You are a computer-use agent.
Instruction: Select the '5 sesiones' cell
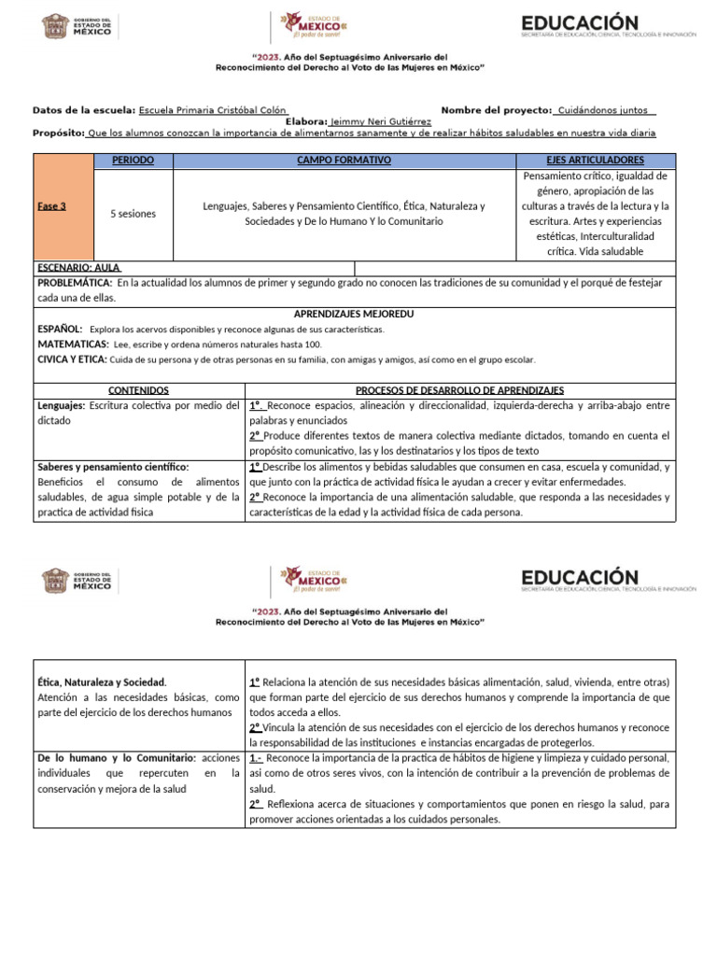coord(133,214)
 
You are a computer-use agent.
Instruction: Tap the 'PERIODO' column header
coord(133,161)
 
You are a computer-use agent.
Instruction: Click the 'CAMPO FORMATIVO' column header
coord(344,161)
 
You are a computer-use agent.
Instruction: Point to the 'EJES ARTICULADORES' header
coord(595,161)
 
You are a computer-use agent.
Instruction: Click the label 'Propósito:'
coord(59,134)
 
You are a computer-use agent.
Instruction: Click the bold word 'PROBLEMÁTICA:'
coord(75,283)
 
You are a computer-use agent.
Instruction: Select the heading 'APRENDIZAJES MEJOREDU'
coord(354,314)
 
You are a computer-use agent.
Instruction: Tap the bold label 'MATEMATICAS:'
coord(73,344)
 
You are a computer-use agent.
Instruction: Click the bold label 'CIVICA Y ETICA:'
coord(72,359)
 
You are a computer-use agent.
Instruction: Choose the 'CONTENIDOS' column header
coord(138,390)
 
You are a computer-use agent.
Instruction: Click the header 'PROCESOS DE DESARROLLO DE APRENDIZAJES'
coord(459,390)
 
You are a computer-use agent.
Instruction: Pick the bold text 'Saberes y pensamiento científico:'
coord(113,467)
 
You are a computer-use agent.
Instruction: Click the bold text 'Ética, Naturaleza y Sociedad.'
coord(102,682)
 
